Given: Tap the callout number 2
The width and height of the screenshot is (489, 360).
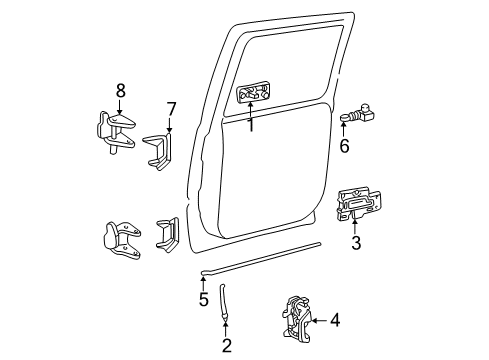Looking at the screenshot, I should pos(226,346).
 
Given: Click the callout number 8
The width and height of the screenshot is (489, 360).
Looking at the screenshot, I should pos(120,90).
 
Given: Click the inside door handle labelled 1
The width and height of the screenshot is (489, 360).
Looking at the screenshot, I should pos(252,96).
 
